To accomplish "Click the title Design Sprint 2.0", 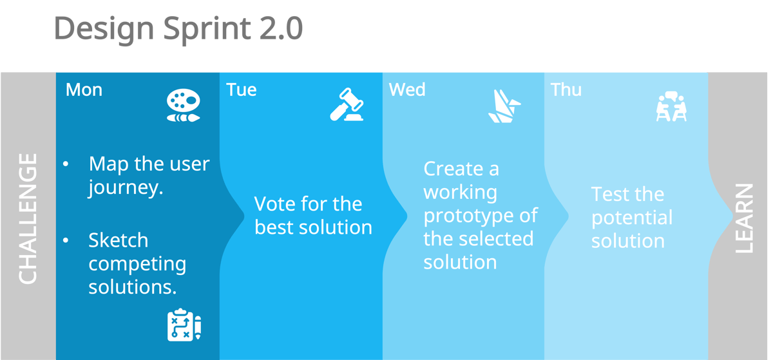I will pos(178,29).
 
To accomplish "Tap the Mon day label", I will pos(84,90).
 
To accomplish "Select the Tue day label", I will pos(242,90).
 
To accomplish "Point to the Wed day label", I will pos(407,90).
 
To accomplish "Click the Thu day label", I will pos(566,90).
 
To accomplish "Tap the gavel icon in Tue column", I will pos(347,105).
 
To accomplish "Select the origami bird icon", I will pos(504,106).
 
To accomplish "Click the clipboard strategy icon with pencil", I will pos(184,325).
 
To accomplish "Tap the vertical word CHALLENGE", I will pos(28,218).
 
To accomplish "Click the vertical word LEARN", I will pos(743,218).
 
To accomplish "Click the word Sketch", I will pos(118,240).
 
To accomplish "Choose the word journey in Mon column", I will pos(123,188).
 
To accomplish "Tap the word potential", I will pos(631,218).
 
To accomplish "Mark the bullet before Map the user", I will pos(66,165).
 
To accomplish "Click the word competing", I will pos(137,263).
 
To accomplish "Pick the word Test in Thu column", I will pos(609,194).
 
